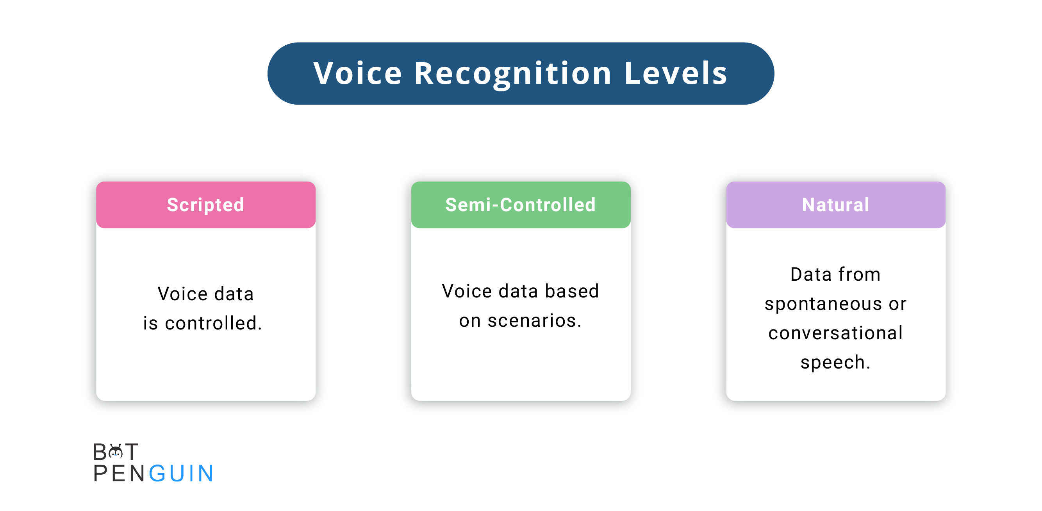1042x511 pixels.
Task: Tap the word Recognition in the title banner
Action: (513, 74)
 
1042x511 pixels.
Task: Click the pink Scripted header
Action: (205, 205)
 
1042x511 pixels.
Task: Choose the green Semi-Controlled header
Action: (521, 205)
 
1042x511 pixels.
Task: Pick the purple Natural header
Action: (836, 205)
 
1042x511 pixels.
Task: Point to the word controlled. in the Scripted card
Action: (214, 323)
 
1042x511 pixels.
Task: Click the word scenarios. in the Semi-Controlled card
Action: (534, 320)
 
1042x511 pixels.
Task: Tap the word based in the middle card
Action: (572, 291)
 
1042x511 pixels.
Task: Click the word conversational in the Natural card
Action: (836, 333)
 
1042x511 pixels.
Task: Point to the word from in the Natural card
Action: (859, 274)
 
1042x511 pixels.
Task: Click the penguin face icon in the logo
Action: (116, 452)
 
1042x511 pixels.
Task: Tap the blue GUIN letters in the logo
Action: (181, 474)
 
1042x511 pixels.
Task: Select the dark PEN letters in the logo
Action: (119, 474)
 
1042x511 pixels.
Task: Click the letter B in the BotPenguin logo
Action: (100, 452)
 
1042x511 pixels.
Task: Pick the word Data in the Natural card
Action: (811, 274)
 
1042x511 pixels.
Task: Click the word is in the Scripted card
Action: (150, 323)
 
